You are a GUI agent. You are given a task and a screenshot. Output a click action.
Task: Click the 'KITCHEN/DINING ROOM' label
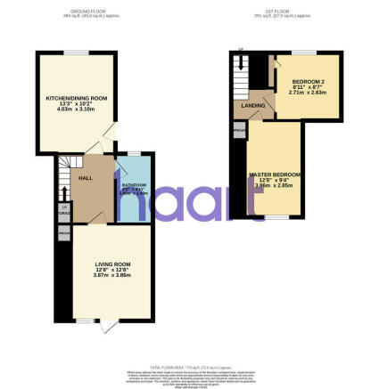pos(76,97)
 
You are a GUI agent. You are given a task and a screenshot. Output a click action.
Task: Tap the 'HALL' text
pos(86,179)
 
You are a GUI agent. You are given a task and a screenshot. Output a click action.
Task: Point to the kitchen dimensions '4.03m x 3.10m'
pos(76,109)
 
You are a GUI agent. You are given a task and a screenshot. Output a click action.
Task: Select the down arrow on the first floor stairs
pos(239,62)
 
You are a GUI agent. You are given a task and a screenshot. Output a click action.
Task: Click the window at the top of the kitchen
pos(76,53)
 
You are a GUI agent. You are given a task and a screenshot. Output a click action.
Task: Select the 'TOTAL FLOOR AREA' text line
pos(188,367)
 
